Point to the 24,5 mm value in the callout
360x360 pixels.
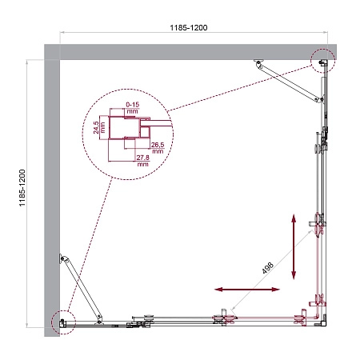pyautogui.click(x=96, y=127)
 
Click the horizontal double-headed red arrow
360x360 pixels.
pyautogui.click(x=238, y=288)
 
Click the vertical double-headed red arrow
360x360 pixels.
pyautogui.click(x=294, y=246)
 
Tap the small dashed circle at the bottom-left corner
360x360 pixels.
pyautogui.click(x=61, y=321)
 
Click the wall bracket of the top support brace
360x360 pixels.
pyautogui.click(x=258, y=63)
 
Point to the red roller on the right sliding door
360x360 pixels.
pyautogui.click(x=319, y=224)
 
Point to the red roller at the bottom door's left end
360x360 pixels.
pyautogui.click(x=222, y=318)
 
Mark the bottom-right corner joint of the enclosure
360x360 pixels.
pyautogui.click(x=318, y=318)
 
